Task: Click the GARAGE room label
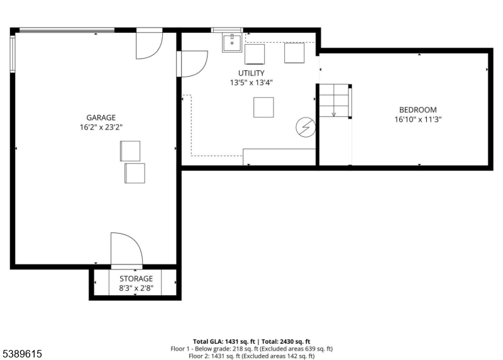point(101,117)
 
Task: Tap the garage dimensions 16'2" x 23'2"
point(101,128)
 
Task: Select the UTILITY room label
point(251,73)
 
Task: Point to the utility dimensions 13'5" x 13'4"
point(251,83)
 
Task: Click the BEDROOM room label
point(418,110)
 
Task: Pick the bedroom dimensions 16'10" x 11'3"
point(418,119)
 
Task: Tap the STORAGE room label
point(136,278)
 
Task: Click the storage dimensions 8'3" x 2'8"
point(136,288)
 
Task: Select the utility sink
point(232,43)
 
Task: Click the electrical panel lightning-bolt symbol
point(306,128)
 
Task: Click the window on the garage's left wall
point(13,54)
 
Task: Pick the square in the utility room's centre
point(263,107)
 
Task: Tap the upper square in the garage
point(130,151)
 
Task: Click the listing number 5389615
point(22,354)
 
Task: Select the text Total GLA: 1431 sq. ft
point(224,341)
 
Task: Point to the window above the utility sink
point(227,30)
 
